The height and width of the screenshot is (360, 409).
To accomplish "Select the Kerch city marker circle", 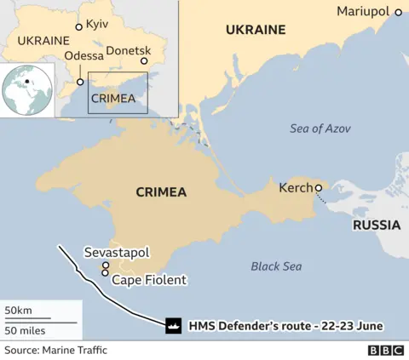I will pos(318,188).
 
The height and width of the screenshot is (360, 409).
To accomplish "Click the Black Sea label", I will pos(276,266).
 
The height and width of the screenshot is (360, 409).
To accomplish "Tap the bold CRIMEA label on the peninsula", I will pos(161,192).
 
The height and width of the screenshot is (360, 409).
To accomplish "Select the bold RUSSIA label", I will pos(376,226).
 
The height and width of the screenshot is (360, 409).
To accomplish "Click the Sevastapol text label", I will pos(117,253).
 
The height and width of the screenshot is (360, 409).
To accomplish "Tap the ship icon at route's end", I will pos(173,325).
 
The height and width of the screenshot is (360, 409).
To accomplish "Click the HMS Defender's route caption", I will pos(285,325).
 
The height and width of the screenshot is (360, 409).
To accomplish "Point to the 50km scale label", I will pos(18,309).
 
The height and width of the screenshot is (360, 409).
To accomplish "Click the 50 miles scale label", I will pos(25,329).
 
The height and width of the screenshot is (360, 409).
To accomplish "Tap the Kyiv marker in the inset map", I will pos(79,26).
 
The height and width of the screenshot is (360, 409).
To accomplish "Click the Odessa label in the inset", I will pos(84,57).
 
